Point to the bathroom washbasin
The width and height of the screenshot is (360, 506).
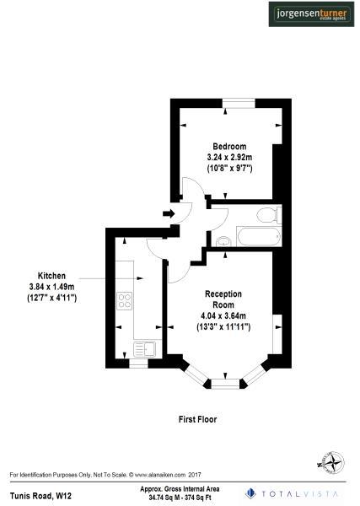(x=223, y=243)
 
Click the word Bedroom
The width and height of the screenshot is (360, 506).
(x=229, y=146)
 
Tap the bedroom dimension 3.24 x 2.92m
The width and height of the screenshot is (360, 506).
(x=229, y=157)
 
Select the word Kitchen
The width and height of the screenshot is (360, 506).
(x=51, y=276)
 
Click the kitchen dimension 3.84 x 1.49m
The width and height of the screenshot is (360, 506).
(x=51, y=287)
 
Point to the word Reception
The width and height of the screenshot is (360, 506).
(x=223, y=293)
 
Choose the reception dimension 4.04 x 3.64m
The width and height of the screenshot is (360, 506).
(x=225, y=315)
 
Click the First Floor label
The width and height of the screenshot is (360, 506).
(x=198, y=418)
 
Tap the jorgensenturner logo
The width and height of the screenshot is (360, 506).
(x=309, y=14)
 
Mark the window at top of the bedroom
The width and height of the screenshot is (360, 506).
(x=239, y=103)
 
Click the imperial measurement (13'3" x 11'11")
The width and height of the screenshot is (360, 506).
(x=225, y=326)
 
